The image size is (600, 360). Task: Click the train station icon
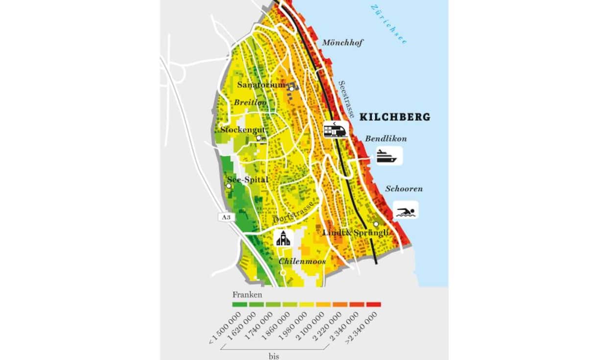(335, 130)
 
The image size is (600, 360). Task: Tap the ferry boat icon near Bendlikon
(389, 156)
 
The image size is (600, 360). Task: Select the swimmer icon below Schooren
(406, 211)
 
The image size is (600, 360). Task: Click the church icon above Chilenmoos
(284, 239)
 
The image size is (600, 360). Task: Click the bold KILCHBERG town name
(395, 117)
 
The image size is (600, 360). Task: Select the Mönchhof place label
(342, 43)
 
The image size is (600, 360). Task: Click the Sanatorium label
(261, 85)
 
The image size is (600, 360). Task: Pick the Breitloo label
(250, 102)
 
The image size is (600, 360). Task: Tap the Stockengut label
(242, 130)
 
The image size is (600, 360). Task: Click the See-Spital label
(248, 180)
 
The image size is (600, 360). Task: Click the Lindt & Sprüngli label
(356, 233)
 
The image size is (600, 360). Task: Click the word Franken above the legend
(247, 295)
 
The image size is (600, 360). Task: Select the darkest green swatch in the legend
(240, 305)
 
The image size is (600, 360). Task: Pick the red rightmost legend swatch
(374, 305)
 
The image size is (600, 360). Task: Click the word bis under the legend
(273, 356)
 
